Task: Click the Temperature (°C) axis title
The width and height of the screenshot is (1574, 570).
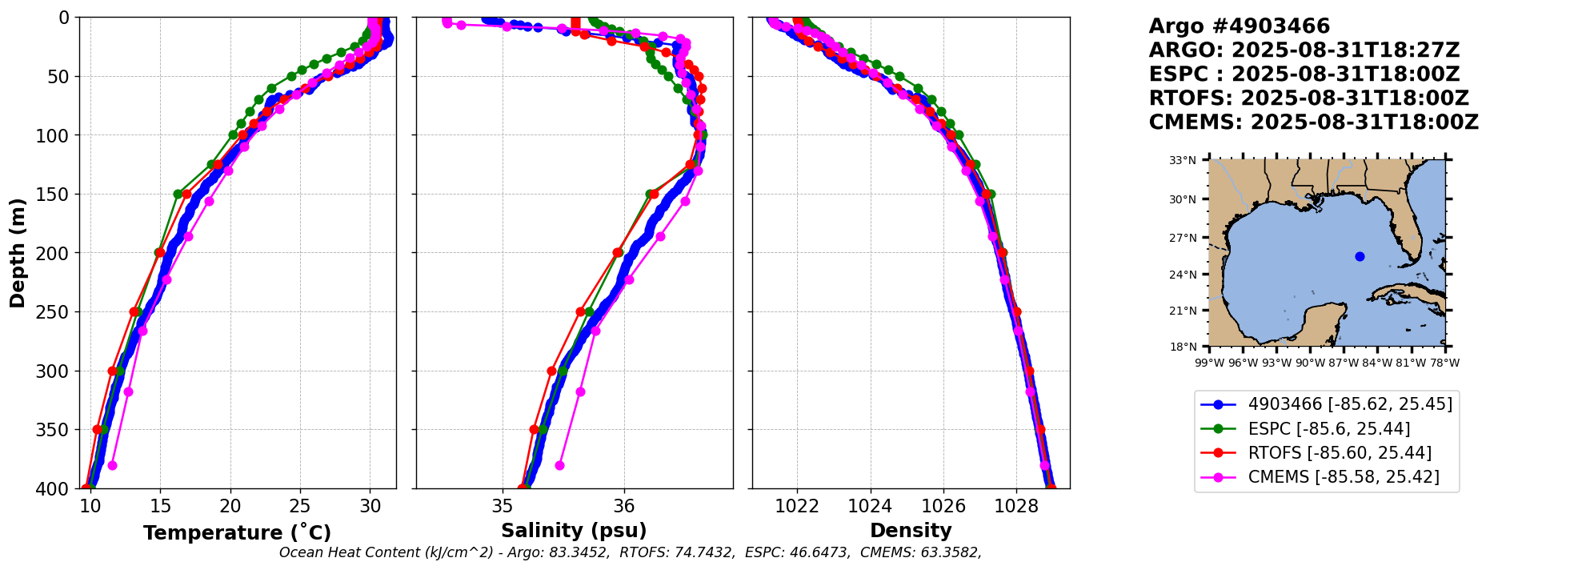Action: point(237,533)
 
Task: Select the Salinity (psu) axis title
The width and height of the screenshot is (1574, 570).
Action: point(574,531)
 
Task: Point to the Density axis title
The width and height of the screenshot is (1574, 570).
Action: point(911,531)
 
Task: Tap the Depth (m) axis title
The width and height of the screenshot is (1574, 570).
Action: point(18,252)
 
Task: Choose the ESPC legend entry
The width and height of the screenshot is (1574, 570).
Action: point(1328,429)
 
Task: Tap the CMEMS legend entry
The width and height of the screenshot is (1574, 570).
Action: point(1343,477)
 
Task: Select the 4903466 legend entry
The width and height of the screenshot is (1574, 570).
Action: point(1350,404)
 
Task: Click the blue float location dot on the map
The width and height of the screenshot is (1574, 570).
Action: point(1360,256)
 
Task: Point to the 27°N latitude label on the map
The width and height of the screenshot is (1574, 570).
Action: point(1183,238)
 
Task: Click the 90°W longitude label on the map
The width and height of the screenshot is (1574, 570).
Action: point(1311,363)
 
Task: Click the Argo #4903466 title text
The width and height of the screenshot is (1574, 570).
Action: point(1239,26)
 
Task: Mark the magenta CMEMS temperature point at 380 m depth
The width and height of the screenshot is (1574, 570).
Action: point(112,465)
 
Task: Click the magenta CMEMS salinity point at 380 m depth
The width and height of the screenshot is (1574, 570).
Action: point(559,465)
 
